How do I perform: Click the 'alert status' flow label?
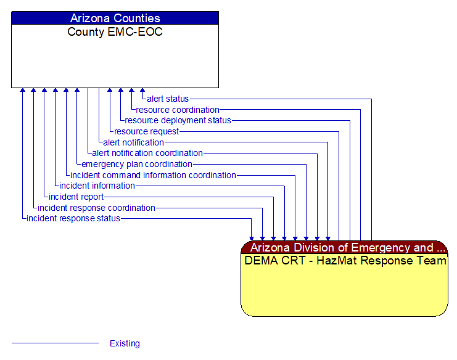tap(168, 99)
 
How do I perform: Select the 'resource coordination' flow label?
tap(178, 110)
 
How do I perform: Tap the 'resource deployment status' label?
tap(178, 120)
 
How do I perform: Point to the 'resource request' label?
tap(146, 131)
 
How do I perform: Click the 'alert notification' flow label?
tap(133, 142)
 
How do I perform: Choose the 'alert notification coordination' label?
tap(147, 153)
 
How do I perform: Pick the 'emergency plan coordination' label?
tap(136, 164)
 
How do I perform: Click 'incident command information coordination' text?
tap(153, 175)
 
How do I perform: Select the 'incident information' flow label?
tap(97, 186)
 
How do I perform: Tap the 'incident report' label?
tap(76, 197)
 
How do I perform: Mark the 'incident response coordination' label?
tap(96, 208)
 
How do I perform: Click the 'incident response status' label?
tap(73, 218)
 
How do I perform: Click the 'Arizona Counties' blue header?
tap(115, 18)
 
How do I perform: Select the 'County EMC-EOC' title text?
tap(115, 32)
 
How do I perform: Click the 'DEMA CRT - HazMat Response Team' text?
tap(345, 261)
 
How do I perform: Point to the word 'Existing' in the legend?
tap(125, 343)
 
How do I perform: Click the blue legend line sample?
tap(56, 343)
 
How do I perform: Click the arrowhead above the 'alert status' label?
tap(142, 91)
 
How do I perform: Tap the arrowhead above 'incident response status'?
tap(23, 91)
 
